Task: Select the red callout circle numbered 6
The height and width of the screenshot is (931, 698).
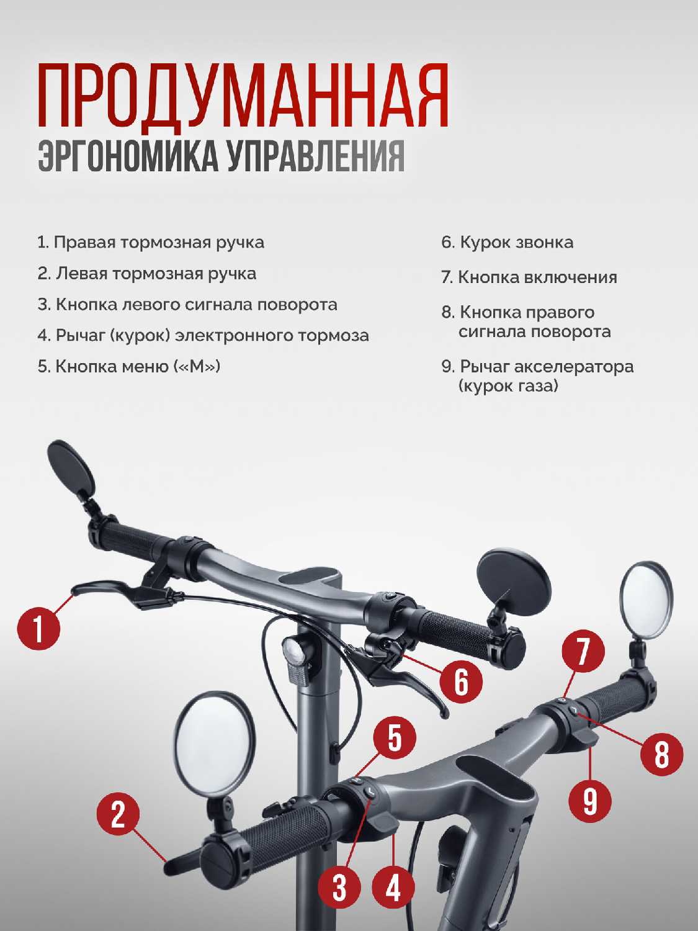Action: [460, 682]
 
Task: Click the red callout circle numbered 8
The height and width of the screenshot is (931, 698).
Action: [661, 753]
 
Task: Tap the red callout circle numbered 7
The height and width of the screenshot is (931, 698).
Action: [583, 651]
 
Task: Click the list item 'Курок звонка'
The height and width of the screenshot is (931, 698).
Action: [508, 243]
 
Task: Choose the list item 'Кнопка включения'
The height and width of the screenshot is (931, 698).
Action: [529, 277]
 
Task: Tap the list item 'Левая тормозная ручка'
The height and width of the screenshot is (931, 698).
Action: [146, 274]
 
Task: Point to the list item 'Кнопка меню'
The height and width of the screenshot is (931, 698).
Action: [129, 366]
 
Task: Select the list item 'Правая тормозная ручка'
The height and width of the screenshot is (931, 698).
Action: [151, 243]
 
